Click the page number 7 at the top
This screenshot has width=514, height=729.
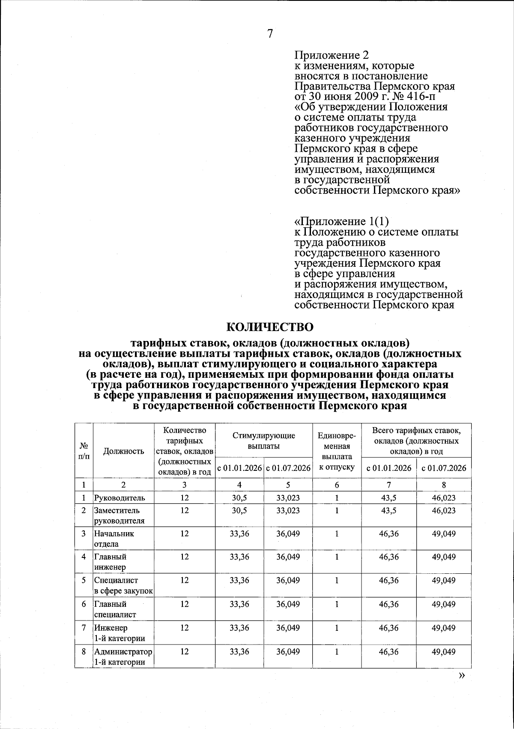coord(270,34)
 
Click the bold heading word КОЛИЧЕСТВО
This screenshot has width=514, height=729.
coord(270,327)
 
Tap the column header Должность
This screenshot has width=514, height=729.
coord(124,451)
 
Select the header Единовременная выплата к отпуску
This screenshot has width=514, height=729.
coord(337,451)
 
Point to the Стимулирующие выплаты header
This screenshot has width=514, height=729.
coord(264,440)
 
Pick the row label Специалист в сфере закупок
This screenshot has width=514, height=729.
coord(123,585)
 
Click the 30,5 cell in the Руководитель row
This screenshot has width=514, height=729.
coord(239,498)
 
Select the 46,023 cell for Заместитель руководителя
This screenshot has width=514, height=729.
coord(444,511)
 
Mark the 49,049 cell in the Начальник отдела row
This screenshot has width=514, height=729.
coord(444,534)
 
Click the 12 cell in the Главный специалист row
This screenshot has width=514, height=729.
coord(185,604)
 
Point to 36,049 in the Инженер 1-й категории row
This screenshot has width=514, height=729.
coord(288,628)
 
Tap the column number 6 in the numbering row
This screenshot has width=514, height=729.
coord(337,485)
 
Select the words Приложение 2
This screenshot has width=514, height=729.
coord(332,55)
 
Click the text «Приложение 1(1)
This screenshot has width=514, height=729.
coord(341,221)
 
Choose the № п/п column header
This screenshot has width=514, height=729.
coord(84,451)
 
